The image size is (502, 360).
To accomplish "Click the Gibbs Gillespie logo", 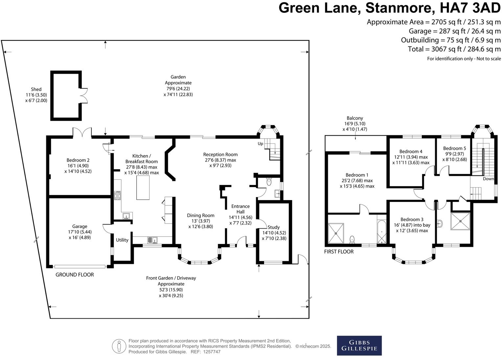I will coord(359,345).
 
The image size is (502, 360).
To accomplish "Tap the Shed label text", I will coord(36,89).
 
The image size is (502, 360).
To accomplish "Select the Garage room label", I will coord(80,226).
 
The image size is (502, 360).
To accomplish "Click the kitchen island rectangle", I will coord(143,188).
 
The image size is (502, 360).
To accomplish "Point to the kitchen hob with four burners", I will coord(118,195).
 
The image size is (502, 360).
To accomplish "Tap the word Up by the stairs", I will coord(260,144).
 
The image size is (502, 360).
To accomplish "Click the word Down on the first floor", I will coord(488,179).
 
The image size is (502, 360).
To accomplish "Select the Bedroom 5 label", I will coord(454,148).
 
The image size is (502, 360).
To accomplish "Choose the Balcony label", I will coord(355,118).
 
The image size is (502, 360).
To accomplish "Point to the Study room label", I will coord(274,227).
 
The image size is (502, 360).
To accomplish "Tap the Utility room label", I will coord(122,240).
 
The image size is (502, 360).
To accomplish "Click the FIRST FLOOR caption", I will coord(339,252).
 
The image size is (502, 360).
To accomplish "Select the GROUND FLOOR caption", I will coord(75,275).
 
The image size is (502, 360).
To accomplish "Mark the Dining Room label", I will coord(200,215).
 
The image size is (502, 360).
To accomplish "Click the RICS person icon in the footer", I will coord(119,346).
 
